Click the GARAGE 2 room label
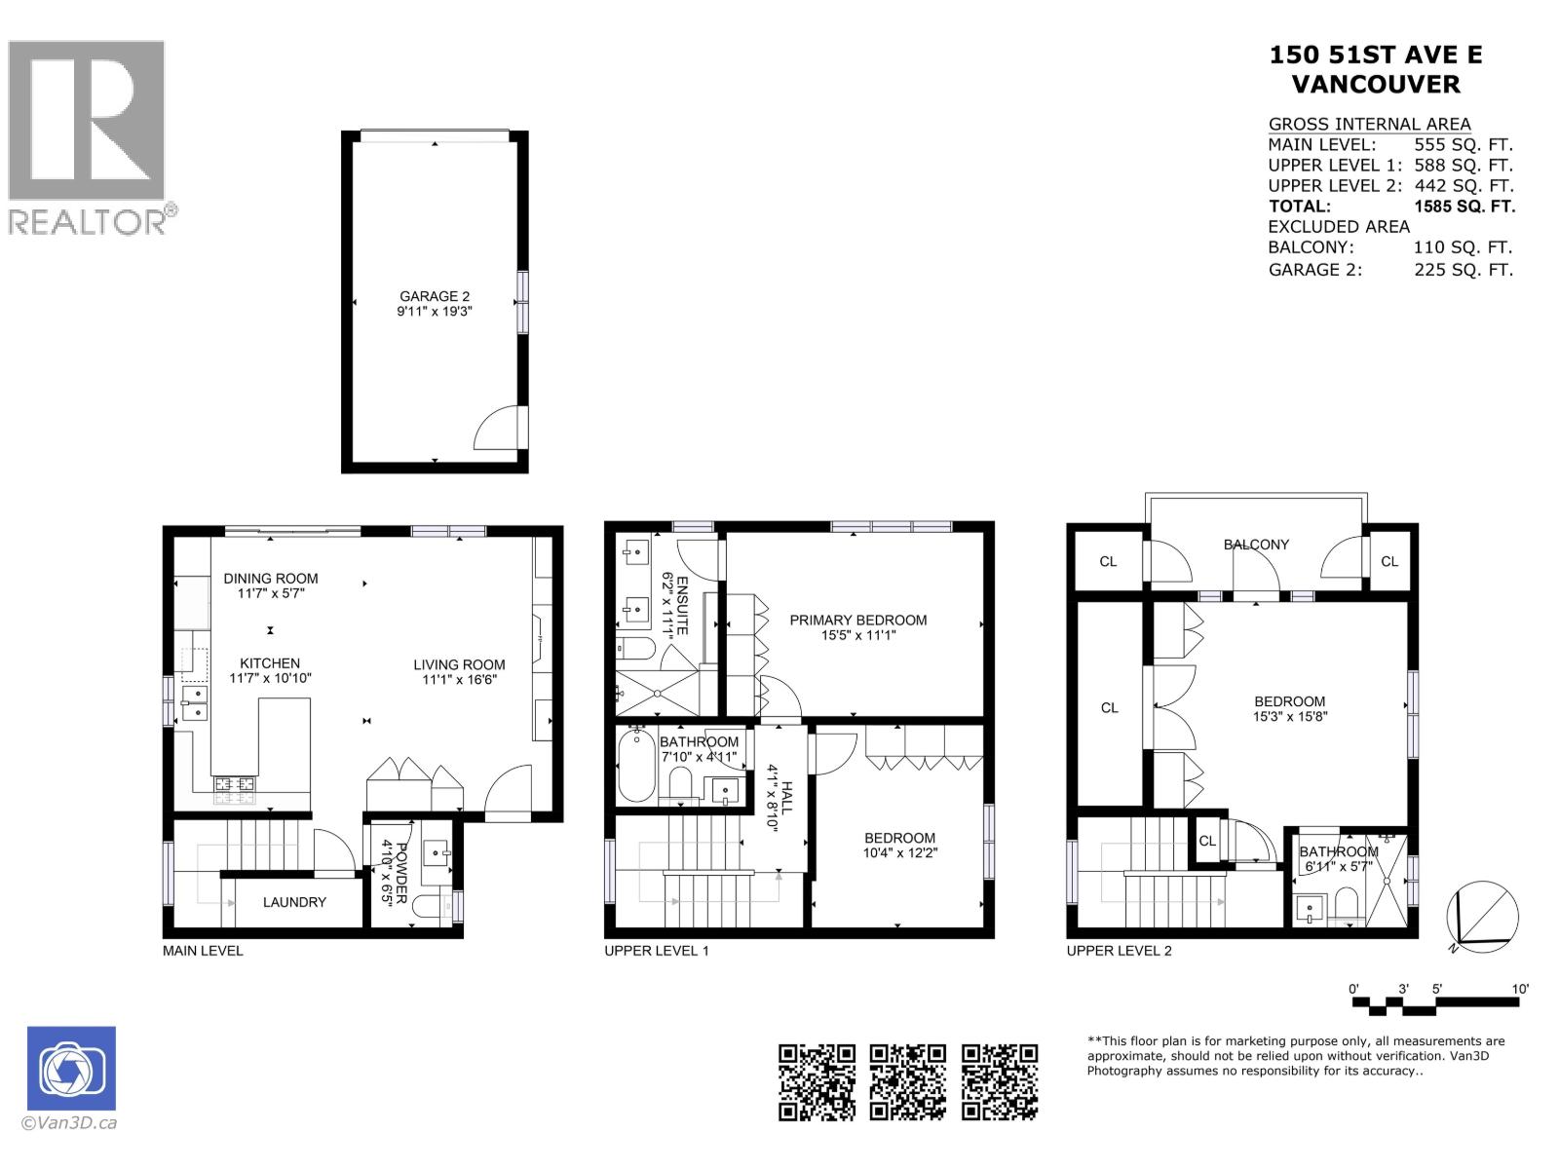coord(434,296)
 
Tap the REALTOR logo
coord(88,136)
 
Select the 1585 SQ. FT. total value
coord(1464,207)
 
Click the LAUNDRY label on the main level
coord(294,902)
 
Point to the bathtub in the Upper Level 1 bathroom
coord(636,767)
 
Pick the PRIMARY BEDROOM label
coord(857,620)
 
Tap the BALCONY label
coord(1256,545)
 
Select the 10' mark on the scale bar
coord(1519,989)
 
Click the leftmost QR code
coord(817,1081)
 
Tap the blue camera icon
coord(71,1069)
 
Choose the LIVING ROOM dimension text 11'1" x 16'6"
coord(459,680)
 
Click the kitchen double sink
coord(194,702)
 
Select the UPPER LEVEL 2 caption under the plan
coord(1119,950)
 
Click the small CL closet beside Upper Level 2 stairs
coord(1207,841)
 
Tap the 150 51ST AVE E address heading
coord(1375,56)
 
